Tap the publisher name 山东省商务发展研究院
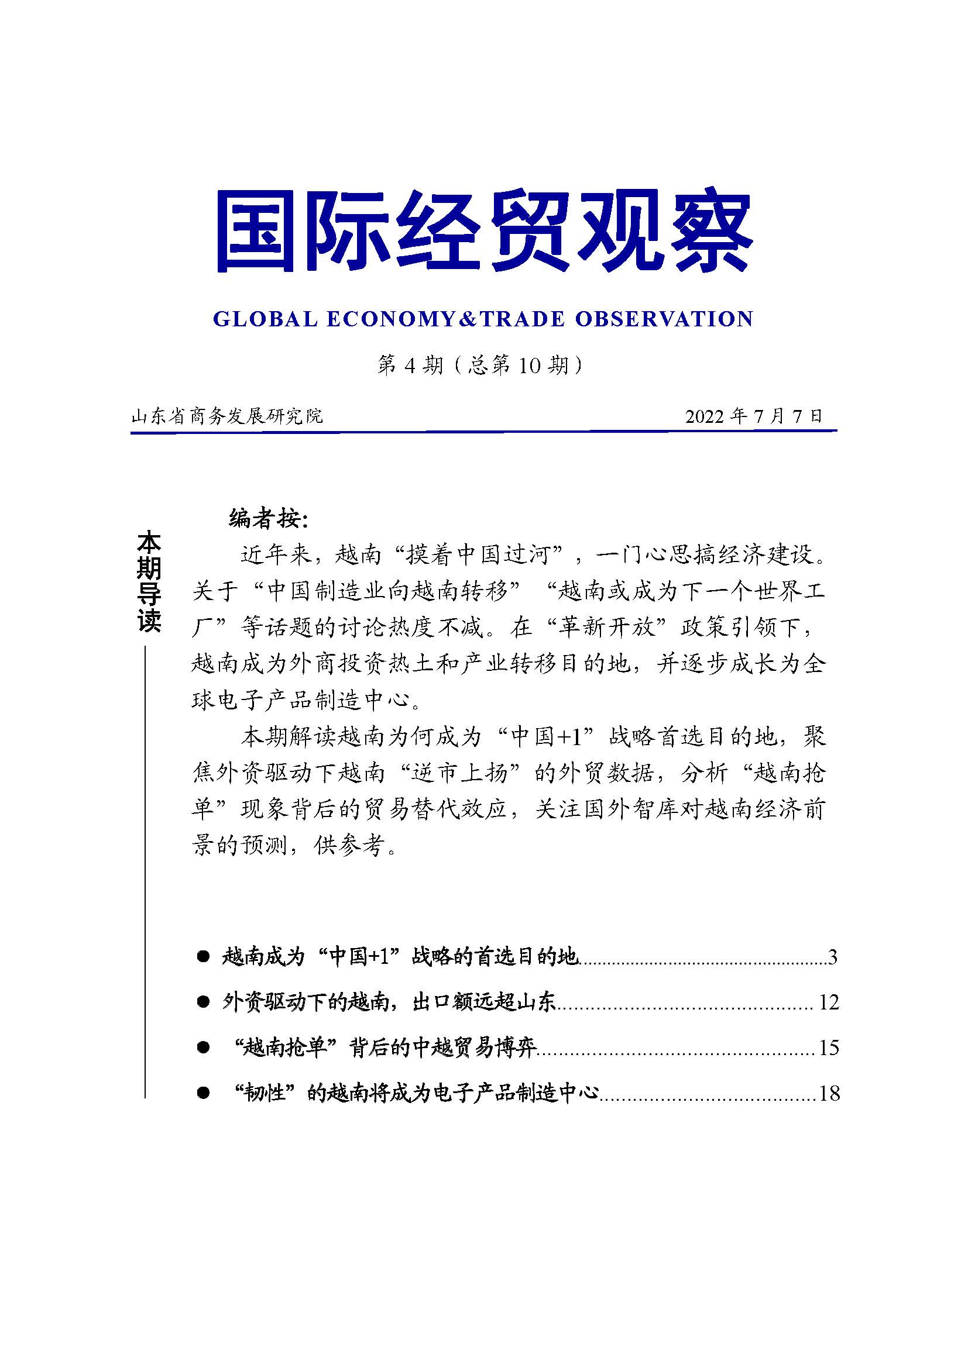click(227, 415)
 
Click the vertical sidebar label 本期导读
click(149, 583)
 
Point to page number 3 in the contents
click(833, 957)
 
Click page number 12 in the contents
click(829, 1002)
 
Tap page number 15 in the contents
click(829, 1047)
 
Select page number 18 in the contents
click(829, 1093)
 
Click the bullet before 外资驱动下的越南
click(203, 1002)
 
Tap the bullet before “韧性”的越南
click(203, 1093)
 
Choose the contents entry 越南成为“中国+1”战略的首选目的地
click(400, 957)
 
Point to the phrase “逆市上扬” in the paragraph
click(462, 773)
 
